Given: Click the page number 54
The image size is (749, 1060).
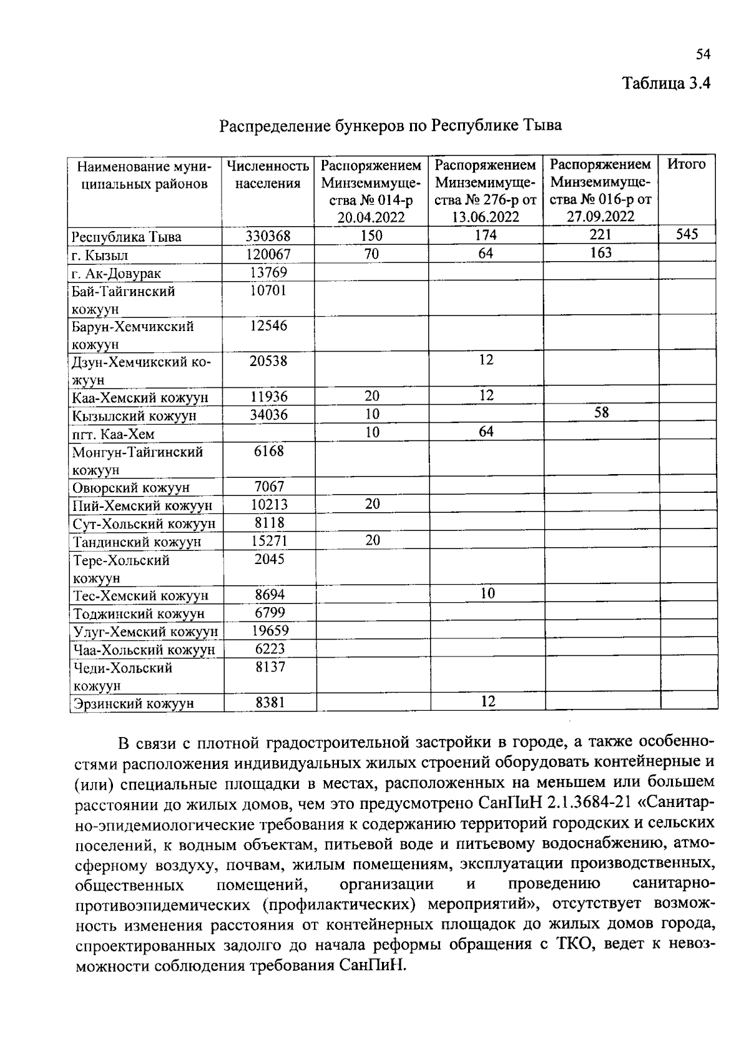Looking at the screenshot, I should pyautogui.click(x=703, y=55).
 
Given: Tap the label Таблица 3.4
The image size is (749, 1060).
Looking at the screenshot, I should pyautogui.click(x=667, y=83).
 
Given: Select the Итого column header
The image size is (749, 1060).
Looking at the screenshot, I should pyautogui.click(x=687, y=164).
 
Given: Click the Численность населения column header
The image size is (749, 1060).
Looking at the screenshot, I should pyautogui.click(x=268, y=174).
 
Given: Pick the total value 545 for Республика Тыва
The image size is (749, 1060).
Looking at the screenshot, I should pyautogui.click(x=687, y=235).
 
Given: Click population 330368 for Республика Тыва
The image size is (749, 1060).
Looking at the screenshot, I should pyautogui.click(x=268, y=236).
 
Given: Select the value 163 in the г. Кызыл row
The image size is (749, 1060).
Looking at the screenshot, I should pyautogui.click(x=600, y=253).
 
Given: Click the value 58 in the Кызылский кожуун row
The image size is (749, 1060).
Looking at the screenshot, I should pyautogui.click(x=601, y=413).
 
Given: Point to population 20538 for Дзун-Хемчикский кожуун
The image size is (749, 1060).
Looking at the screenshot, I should pyautogui.click(x=268, y=361).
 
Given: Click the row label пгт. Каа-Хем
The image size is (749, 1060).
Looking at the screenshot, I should pyautogui.click(x=113, y=434).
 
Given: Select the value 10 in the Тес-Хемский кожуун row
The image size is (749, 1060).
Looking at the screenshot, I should pyautogui.click(x=487, y=593).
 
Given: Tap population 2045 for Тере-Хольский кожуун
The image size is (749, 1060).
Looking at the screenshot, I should pyautogui.click(x=269, y=559).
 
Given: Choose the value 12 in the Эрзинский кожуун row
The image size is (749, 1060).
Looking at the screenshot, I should pyautogui.click(x=487, y=701).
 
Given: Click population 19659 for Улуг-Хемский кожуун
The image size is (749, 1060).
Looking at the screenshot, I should pyautogui.click(x=270, y=631).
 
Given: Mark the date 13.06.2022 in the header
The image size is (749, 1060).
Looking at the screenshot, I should pyautogui.click(x=486, y=217).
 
